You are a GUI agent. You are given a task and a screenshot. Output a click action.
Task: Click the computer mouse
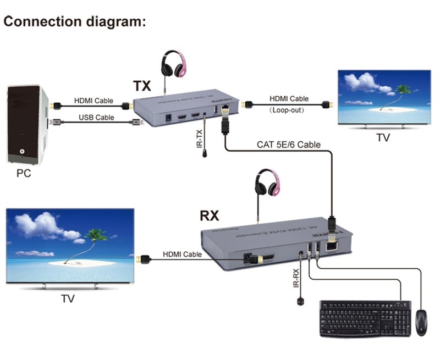421,322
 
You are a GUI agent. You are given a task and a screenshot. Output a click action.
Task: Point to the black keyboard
365,318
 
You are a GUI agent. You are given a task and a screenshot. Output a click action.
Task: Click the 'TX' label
142,86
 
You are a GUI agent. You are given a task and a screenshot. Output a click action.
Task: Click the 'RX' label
209,215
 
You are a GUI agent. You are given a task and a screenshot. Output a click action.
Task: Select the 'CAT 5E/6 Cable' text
289,145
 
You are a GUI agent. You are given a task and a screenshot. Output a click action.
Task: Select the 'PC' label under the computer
24,174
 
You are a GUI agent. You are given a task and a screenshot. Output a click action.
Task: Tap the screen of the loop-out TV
383,98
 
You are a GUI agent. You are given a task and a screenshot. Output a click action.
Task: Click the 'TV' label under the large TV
68,299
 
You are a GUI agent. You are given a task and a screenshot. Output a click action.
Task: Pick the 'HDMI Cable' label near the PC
94,101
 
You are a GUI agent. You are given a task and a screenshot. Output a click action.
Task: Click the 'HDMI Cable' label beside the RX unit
182,254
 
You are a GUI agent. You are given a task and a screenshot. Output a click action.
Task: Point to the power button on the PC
23,150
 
